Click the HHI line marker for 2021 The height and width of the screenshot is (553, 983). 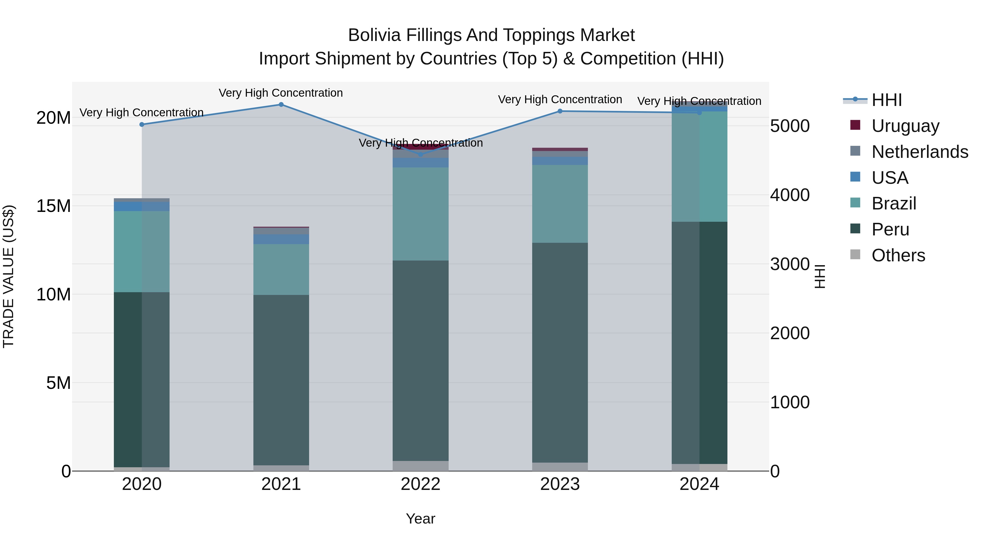coord(281,105)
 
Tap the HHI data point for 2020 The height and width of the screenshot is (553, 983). coord(142,125)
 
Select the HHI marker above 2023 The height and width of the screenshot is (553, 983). coord(560,111)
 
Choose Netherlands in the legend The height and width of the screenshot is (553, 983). coord(920,152)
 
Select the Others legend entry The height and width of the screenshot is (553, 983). coord(898,255)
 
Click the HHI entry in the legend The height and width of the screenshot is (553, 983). coord(886,100)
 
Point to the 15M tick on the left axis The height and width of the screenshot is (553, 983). coord(54,206)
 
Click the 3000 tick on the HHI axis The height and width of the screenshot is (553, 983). coord(789,264)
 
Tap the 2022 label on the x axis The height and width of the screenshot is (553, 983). coord(421,484)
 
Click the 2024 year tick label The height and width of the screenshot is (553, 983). coord(699,484)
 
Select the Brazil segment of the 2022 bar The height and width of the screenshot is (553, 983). coord(421,214)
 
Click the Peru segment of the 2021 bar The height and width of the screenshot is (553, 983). coord(281,380)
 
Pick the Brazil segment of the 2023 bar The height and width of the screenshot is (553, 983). coord(560,204)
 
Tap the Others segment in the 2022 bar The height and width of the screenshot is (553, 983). coord(421,466)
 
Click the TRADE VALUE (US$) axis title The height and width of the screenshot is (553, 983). coord(9,276)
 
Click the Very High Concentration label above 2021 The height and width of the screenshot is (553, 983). coord(281,93)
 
